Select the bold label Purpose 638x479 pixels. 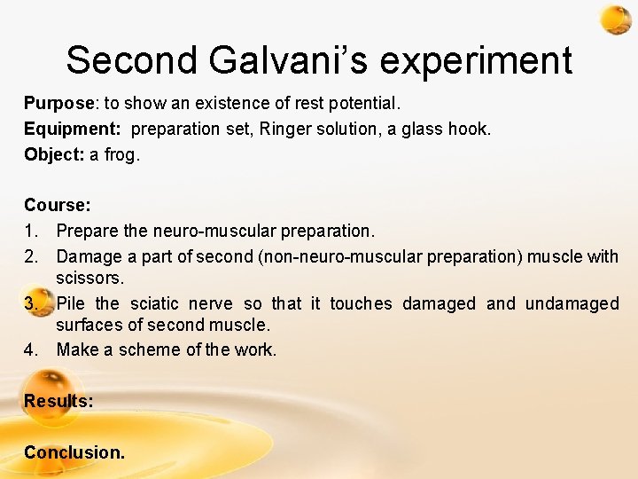pos(58,104)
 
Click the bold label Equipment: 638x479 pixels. pos(74,130)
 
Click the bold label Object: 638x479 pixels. pos(54,154)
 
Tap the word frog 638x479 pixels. pos(125,155)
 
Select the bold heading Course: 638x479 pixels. pos(58,205)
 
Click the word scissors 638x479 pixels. pos(90,278)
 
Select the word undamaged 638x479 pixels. pos(572,303)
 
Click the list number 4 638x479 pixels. pos(31,349)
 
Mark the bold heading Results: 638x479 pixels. pos(58,401)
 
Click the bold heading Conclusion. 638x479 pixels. pos(74,452)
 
